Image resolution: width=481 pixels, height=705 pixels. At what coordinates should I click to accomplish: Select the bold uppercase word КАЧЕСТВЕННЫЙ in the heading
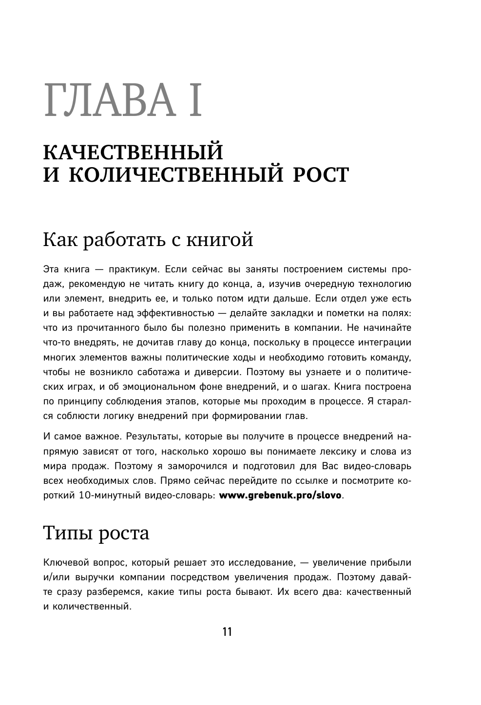133,153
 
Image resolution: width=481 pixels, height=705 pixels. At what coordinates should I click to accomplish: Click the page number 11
227,632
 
